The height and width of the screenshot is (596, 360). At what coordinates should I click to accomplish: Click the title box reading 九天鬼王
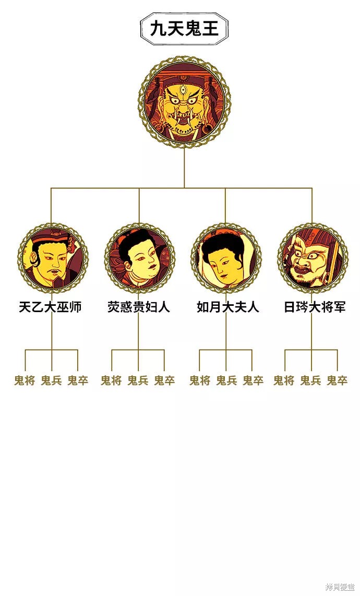point(184,29)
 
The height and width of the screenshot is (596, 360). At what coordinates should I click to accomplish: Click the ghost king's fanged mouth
point(184,120)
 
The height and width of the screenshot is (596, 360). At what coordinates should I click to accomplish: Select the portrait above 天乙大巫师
point(53,258)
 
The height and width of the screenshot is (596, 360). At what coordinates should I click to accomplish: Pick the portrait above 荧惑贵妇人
point(139,258)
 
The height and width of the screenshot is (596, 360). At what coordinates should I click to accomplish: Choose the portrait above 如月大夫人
point(226,258)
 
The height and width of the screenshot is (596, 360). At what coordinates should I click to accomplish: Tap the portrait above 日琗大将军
point(313,258)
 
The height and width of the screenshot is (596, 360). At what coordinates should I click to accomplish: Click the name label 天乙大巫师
point(50,307)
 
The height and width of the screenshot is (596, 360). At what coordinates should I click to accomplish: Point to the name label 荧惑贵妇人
point(138,307)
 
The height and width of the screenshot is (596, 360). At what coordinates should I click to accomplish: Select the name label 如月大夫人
point(227,307)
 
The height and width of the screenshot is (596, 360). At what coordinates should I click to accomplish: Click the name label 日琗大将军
point(315,307)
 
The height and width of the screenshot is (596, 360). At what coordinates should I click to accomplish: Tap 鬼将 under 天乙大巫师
point(25,380)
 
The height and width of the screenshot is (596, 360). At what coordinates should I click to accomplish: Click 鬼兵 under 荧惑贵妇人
point(138,380)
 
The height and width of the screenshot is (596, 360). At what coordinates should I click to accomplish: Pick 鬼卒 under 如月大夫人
point(253,380)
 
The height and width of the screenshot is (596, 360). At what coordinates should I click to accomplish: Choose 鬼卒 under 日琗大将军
point(337,380)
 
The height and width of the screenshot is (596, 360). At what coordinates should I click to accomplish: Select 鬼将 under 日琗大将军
point(284,380)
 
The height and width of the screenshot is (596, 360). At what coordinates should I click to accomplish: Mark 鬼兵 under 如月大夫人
point(226,380)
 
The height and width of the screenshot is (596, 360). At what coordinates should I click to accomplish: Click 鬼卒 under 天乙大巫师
point(78,380)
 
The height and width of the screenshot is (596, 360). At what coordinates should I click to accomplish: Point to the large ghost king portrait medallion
point(184,103)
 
